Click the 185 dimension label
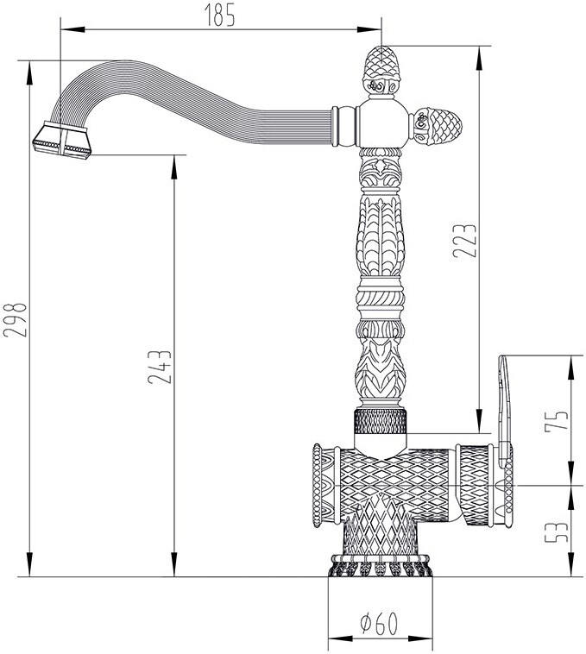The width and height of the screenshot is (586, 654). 220,15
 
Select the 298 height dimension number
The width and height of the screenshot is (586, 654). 15,319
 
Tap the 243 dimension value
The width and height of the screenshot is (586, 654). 160,367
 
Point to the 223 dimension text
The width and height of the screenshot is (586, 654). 464,241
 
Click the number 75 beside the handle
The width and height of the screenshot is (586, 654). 557,420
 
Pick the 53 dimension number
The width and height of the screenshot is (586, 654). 557,531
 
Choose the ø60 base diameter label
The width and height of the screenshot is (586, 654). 379,625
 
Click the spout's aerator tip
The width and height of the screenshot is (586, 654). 62,141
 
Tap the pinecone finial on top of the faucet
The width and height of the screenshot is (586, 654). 382,70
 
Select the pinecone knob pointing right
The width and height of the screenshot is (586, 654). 436,126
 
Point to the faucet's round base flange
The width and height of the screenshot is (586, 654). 380,566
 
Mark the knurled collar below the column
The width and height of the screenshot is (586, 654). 381,422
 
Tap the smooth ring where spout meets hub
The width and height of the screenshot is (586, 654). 346,126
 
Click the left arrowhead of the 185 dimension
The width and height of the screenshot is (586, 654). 72,29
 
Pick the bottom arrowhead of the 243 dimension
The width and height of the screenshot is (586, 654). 174,565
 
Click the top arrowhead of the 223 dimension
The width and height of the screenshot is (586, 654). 480,58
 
